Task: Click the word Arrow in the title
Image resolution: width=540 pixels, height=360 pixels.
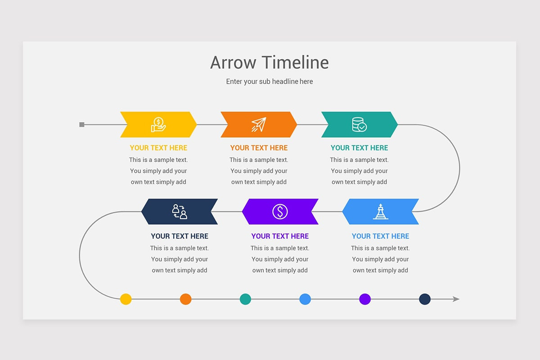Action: [x=233, y=63]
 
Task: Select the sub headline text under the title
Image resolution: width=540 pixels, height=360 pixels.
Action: [x=270, y=81]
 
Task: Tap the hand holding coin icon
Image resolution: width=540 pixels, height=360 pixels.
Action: [x=158, y=125]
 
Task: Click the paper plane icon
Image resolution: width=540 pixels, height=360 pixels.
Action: [x=259, y=124]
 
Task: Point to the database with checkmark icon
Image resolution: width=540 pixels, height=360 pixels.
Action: [x=359, y=124]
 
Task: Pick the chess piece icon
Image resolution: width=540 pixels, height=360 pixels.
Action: [x=381, y=211]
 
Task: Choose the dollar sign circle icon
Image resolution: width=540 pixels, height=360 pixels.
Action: [x=280, y=211]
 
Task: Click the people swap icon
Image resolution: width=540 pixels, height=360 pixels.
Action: [x=180, y=211]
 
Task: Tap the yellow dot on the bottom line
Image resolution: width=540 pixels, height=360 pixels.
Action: [x=126, y=299]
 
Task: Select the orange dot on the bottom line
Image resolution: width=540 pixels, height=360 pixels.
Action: [x=185, y=299]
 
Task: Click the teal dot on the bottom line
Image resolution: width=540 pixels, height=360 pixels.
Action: [x=245, y=299]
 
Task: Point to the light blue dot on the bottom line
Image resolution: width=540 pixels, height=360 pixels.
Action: [x=305, y=299]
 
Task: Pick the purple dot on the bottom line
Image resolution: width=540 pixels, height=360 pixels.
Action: [x=365, y=299]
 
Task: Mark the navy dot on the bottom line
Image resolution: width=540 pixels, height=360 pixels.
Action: [x=425, y=299]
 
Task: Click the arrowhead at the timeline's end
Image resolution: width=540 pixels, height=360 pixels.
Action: [x=456, y=299]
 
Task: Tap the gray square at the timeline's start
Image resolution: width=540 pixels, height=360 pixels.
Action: [x=82, y=124]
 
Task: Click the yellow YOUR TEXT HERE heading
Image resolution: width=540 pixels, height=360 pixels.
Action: [x=158, y=148]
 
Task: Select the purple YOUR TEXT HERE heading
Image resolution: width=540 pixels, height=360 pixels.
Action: [x=280, y=236]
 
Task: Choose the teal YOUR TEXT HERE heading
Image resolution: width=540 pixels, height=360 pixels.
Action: [x=359, y=148]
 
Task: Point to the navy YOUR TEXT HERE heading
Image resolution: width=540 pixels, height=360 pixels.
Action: [x=180, y=236]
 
